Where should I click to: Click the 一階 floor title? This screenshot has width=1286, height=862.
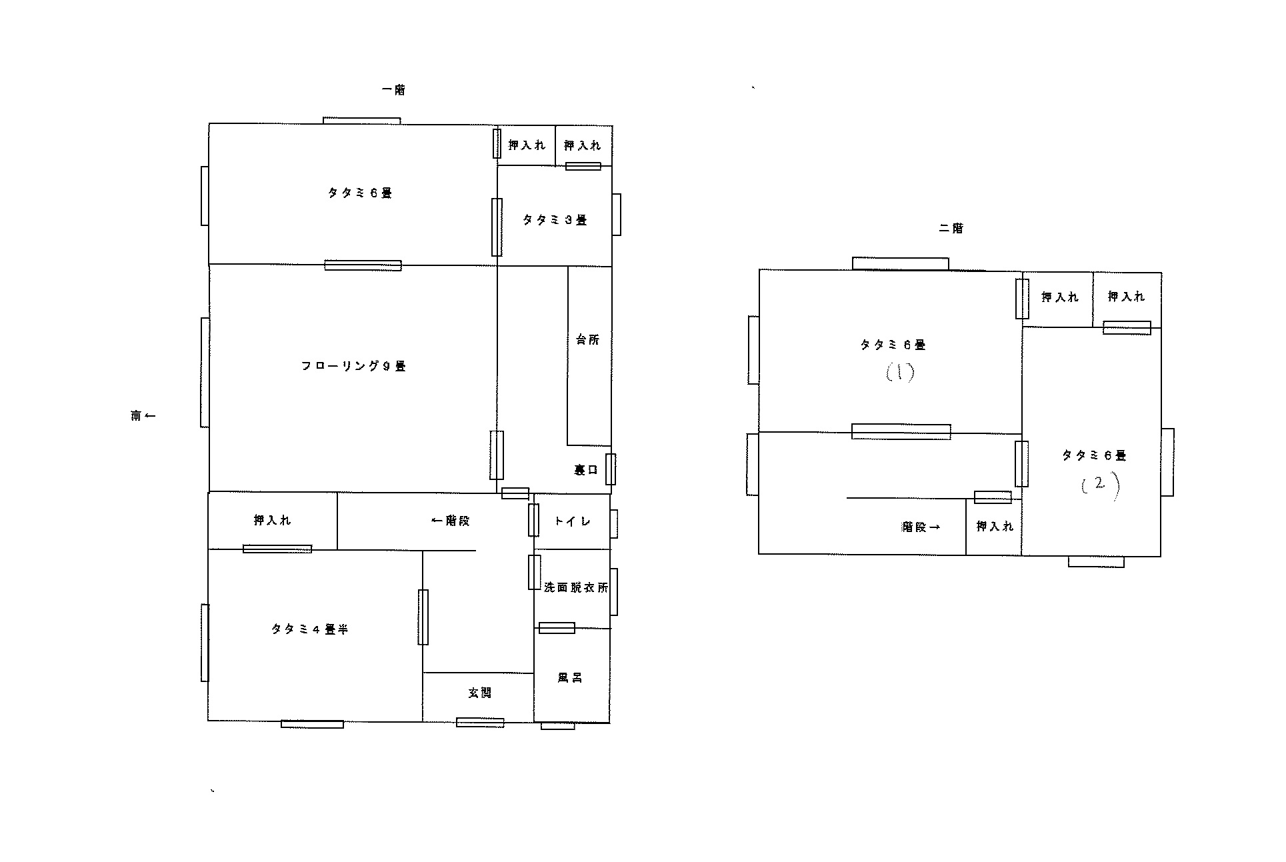[393, 90]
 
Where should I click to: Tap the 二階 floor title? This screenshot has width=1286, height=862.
[951, 228]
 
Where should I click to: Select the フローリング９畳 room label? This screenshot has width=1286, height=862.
[353, 366]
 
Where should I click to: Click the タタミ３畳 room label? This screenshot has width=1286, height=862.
[554, 220]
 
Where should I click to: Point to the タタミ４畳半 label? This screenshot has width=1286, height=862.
[310, 629]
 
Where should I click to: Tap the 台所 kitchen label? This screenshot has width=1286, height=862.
[587, 339]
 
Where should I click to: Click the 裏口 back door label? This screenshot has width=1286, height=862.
[586, 470]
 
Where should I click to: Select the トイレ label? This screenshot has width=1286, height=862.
[572, 521]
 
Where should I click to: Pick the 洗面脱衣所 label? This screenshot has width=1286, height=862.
[575, 588]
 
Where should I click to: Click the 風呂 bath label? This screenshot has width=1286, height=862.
[570, 678]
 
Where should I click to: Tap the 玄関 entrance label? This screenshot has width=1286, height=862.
[479, 693]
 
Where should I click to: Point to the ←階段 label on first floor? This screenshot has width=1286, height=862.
[451, 521]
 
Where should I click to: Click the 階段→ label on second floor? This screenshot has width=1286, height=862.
[921, 527]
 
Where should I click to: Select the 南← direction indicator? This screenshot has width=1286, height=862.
[143, 416]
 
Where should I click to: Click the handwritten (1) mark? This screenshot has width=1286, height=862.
[900, 373]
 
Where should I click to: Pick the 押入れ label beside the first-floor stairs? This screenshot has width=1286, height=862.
[272, 521]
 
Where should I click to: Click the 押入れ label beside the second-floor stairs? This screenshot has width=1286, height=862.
[995, 527]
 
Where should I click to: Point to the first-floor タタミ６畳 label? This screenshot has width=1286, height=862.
[359, 193]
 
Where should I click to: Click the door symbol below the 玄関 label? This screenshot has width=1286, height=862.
[480, 722]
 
